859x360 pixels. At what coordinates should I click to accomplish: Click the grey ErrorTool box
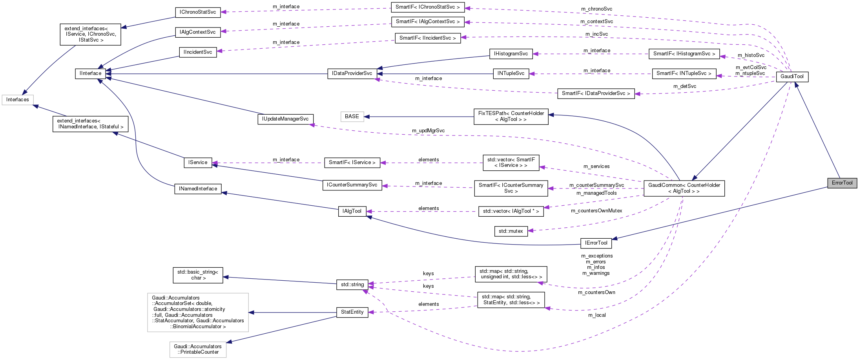(842, 183)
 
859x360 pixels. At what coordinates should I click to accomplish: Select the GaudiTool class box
(792, 77)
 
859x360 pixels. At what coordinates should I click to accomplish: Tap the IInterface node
(90, 73)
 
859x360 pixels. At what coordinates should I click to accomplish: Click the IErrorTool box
(596, 243)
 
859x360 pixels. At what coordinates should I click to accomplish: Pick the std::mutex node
(511, 231)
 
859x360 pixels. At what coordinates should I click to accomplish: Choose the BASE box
(352, 117)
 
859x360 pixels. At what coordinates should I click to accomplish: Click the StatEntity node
(352, 312)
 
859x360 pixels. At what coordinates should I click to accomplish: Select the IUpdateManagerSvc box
(285, 119)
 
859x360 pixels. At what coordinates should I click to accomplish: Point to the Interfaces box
(18, 100)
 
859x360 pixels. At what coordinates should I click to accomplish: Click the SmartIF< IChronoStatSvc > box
(427, 7)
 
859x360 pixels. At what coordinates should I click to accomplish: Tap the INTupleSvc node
(511, 73)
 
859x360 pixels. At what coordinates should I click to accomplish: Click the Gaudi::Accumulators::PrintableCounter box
(198, 349)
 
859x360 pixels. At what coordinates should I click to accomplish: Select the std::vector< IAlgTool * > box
(511, 211)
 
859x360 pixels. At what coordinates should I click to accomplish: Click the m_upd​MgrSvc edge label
(428, 131)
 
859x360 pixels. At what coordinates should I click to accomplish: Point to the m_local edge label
(596, 315)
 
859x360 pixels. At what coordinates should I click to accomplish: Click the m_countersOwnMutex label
(596, 211)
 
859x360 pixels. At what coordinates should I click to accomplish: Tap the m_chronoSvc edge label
(596, 9)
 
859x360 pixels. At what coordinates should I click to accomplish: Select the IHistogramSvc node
(511, 54)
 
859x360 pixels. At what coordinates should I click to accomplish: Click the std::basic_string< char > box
(197, 275)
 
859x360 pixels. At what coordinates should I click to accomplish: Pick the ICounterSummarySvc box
(352, 185)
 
